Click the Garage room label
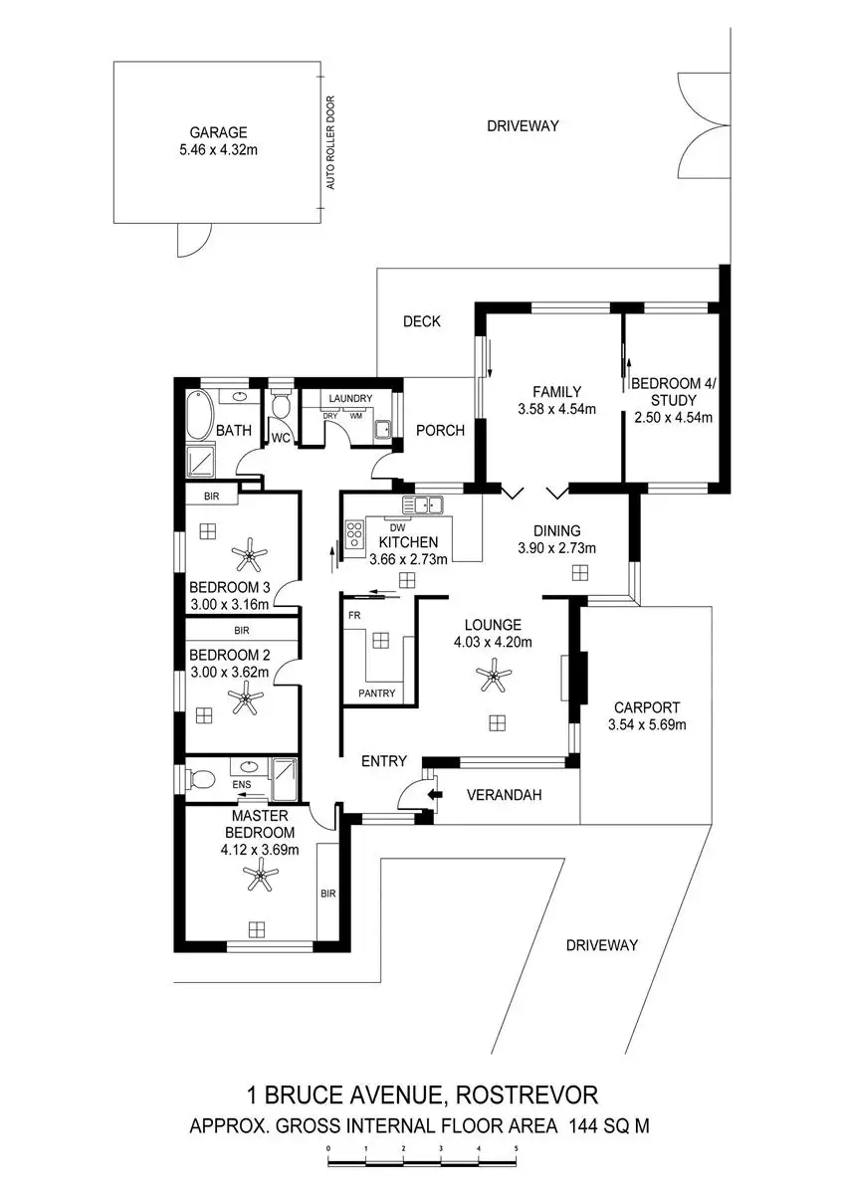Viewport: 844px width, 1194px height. click(x=219, y=132)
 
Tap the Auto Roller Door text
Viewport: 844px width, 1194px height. click(x=331, y=143)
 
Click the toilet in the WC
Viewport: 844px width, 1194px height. click(x=281, y=407)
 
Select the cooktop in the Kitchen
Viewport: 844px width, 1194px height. click(x=353, y=535)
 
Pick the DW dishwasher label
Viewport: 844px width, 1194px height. click(x=396, y=526)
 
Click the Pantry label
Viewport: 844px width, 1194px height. click(x=375, y=693)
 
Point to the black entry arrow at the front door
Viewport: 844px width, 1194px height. click(x=435, y=794)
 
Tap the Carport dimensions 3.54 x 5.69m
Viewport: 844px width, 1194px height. click(x=648, y=724)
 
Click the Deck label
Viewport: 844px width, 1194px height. click(x=421, y=321)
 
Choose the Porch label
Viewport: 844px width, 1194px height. click(x=440, y=431)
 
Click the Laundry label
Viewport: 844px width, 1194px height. click(x=349, y=398)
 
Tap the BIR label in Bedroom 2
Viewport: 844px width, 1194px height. click(x=241, y=630)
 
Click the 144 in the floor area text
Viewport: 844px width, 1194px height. click(x=588, y=1127)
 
